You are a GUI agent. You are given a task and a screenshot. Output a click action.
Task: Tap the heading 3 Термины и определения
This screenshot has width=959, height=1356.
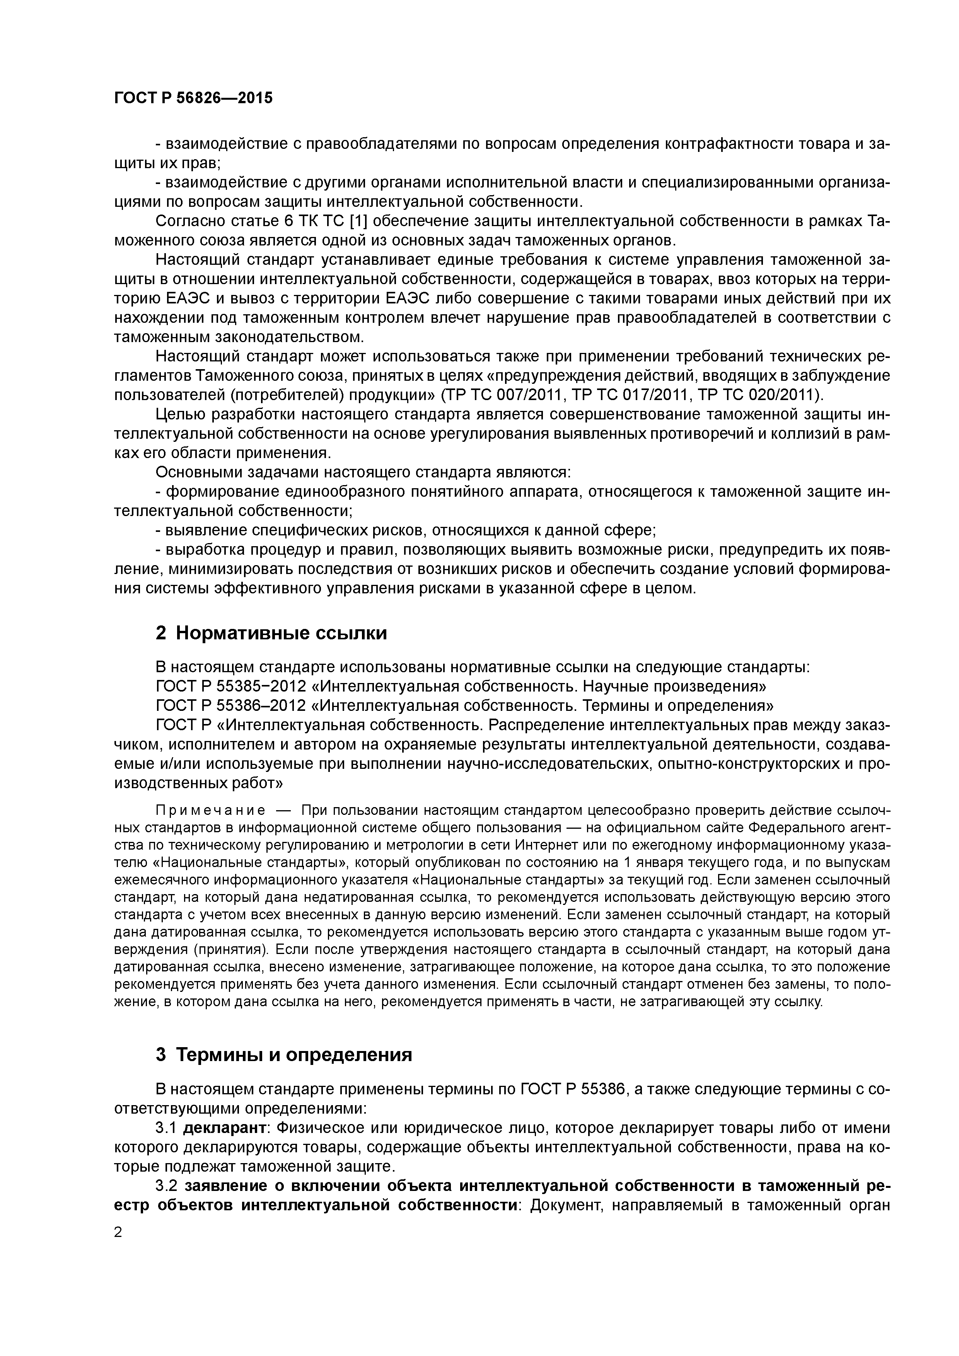[x=283, y=1055]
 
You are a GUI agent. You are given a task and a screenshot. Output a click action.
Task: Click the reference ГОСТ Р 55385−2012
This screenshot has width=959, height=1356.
[x=230, y=687]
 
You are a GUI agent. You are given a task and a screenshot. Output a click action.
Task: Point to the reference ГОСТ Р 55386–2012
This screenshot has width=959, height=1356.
[x=230, y=706]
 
